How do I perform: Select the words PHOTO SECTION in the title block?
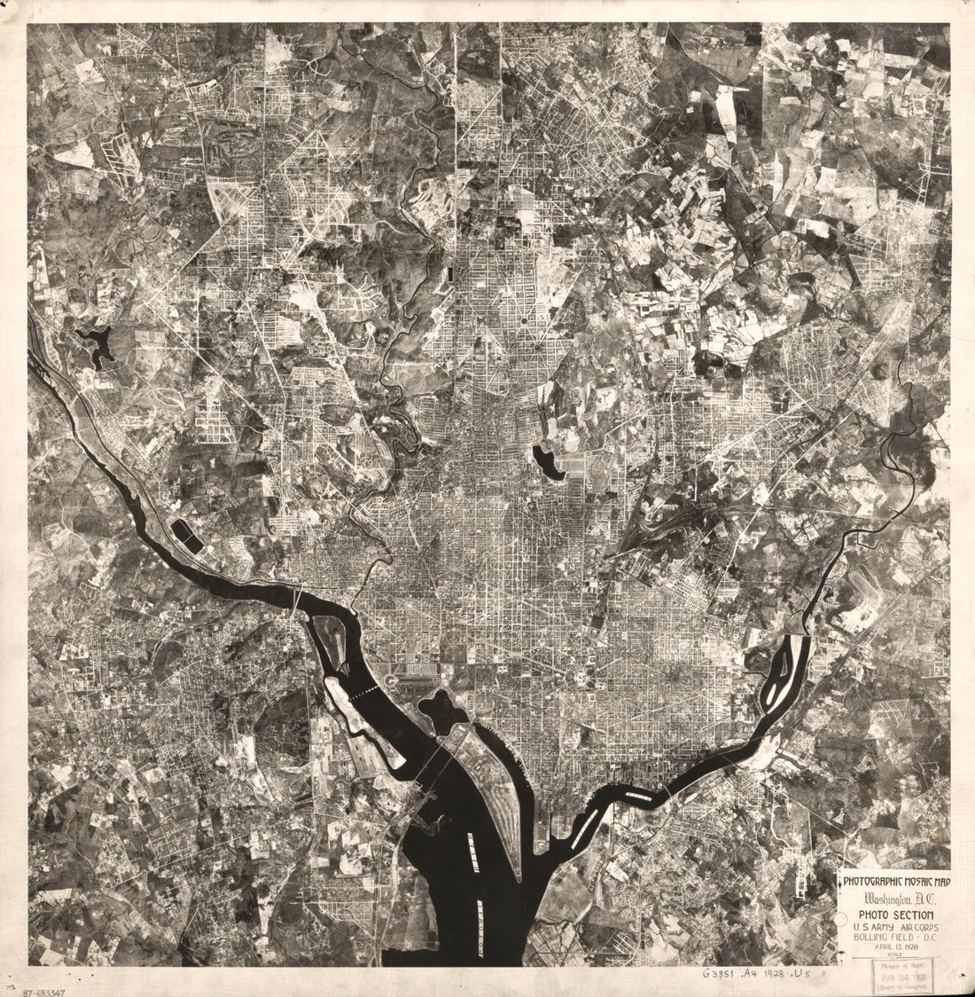(893, 915)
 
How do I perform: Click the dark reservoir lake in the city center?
(548, 463)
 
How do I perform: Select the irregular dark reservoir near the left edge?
(97, 343)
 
